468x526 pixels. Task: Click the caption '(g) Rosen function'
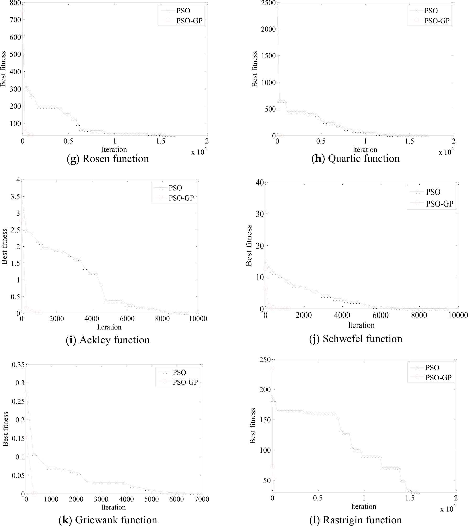[108, 159]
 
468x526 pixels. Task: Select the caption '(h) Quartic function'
[355, 159]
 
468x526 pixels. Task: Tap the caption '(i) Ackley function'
[108, 340]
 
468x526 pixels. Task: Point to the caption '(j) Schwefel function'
[355, 339]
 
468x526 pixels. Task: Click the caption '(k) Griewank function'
[108, 520]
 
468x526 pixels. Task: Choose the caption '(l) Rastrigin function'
[355, 520]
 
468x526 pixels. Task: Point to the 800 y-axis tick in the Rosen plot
[15, 3]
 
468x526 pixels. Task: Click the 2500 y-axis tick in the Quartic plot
[268, 3]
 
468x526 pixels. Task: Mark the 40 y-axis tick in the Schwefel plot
[260, 182]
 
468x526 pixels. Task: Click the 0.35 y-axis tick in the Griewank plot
[18, 365]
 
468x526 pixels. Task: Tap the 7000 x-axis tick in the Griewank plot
[202, 499]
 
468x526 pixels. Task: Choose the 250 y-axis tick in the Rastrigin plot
[265, 360]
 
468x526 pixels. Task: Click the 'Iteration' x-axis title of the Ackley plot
[109, 327]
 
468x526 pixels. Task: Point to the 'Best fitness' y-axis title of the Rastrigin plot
[253, 426]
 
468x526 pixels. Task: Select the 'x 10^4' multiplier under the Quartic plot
[446, 152]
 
